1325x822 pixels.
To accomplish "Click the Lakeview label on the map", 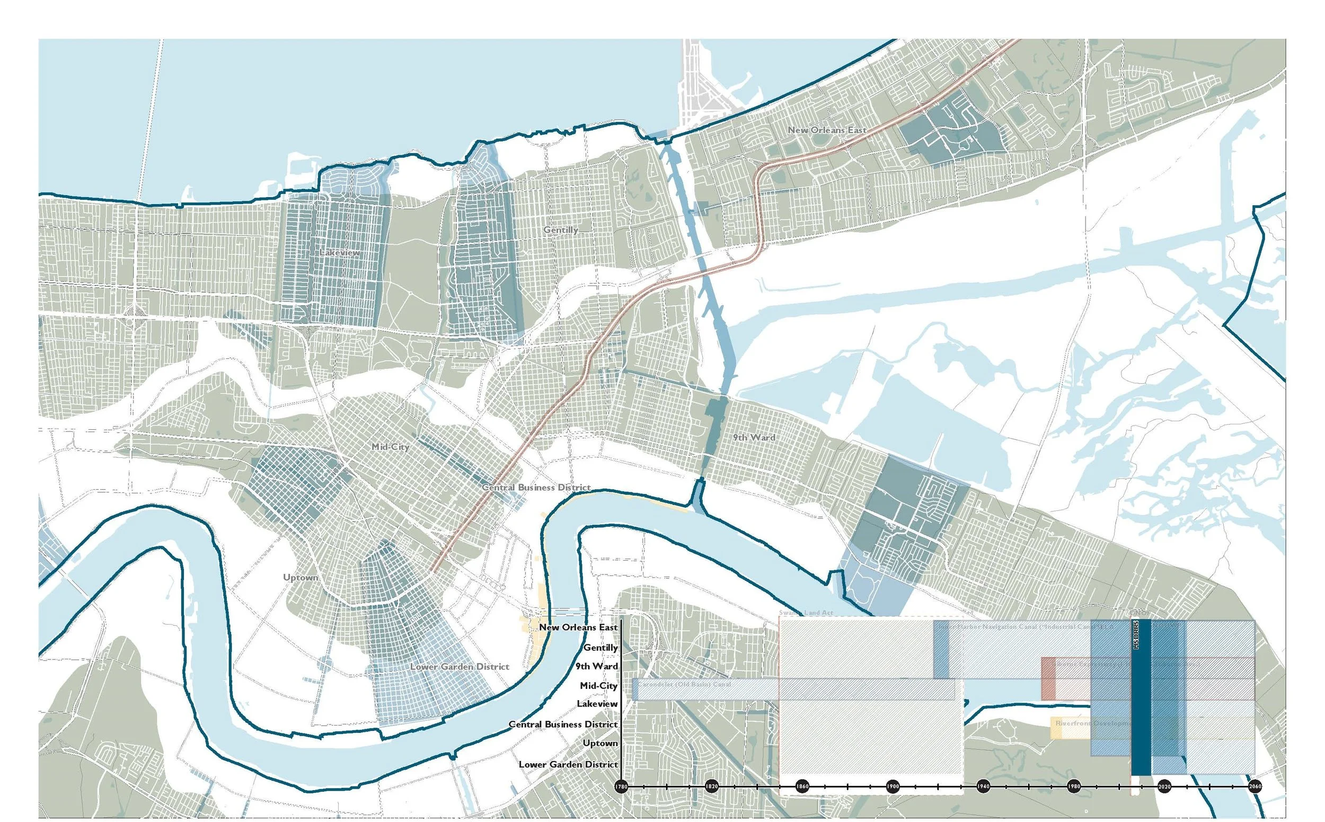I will [x=339, y=253].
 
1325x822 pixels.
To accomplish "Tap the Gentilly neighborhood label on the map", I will [x=561, y=230].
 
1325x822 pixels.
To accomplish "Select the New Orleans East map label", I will [x=826, y=130].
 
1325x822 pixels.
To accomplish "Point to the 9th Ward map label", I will [x=754, y=438].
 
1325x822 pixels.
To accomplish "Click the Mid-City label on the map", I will [x=390, y=447].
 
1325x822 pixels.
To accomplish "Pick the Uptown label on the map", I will [x=300, y=577].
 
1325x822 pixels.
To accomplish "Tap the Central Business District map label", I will [x=535, y=488].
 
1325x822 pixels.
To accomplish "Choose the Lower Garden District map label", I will [x=460, y=667].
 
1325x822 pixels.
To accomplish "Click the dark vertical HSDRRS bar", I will [x=1141, y=701].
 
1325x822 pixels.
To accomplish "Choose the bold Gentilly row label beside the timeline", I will [x=600, y=648].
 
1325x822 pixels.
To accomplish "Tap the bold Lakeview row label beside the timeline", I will [x=597, y=704].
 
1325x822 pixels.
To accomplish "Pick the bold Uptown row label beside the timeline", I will [x=600, y=743].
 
